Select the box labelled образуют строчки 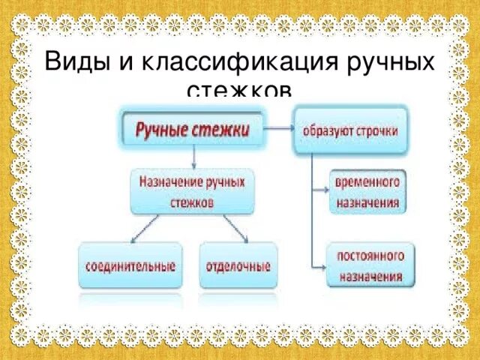[350, 130]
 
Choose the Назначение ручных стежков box [193, 190]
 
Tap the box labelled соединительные [130, 265]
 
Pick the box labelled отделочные [238, 265]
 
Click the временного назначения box [367, 191]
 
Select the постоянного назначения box [367, 265]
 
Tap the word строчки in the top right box [376, 130]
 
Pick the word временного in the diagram [367, 182]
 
